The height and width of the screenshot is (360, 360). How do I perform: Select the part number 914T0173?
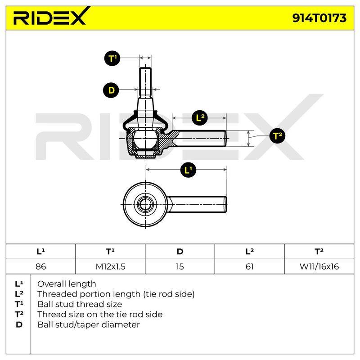click(x=319, y=18)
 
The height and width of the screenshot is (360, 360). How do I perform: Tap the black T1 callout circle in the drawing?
click(x=112, y=58)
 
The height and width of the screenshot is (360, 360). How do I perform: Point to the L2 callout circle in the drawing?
click(x=199, y=118)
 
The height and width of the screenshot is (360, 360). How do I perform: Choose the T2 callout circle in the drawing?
click(x=277, y=136)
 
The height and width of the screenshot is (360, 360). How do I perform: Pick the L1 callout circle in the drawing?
click(x=188, y=170)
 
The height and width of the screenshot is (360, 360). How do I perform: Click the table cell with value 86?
click(x=40, y=266)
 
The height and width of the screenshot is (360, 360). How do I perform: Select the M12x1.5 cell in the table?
click(x=110, y=266)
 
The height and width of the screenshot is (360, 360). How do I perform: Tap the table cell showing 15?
click(x=180, y=266)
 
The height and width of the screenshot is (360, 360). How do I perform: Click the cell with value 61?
click(x=250, y=266)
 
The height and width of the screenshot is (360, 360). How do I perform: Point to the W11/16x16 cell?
click(x=319, y=266)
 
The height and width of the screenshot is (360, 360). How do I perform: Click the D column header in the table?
click(x=180, y=252)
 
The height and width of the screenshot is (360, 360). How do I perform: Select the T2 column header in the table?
click(x=319, y=252)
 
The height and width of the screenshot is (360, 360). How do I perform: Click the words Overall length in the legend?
click(x=67, y=284)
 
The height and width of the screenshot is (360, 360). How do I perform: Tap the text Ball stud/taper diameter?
click(x=89, y=324)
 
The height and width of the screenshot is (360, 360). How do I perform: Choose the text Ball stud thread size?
click(x=80, y=304)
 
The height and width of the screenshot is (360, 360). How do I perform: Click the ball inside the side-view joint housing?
click(x=145, y=139)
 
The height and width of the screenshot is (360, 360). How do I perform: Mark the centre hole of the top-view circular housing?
click(x=145, y=204)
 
